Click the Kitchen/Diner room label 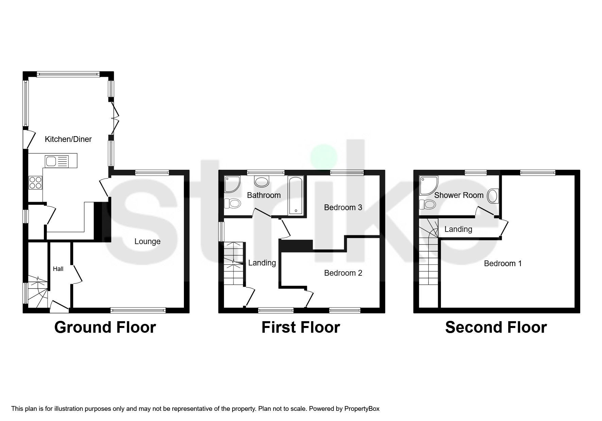click(68, 139)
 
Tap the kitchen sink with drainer click(56, 161)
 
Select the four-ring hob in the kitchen click(35, 182)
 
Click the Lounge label click(147, 241)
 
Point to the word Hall click(58, 269)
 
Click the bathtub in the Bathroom click(295, 196)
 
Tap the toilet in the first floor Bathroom click(233, 204)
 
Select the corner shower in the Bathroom click(231, 183)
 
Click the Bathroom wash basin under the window click(262, 182)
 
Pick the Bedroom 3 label click(343, 207)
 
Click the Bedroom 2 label click(343, 273)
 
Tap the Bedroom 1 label click(502, 263)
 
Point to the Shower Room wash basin click(492, 196)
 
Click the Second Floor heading click(496, 327)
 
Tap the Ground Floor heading click(105, 327)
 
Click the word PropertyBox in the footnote click(362, 409)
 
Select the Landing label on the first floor click(262, 263)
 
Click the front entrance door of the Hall click(59, 307)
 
